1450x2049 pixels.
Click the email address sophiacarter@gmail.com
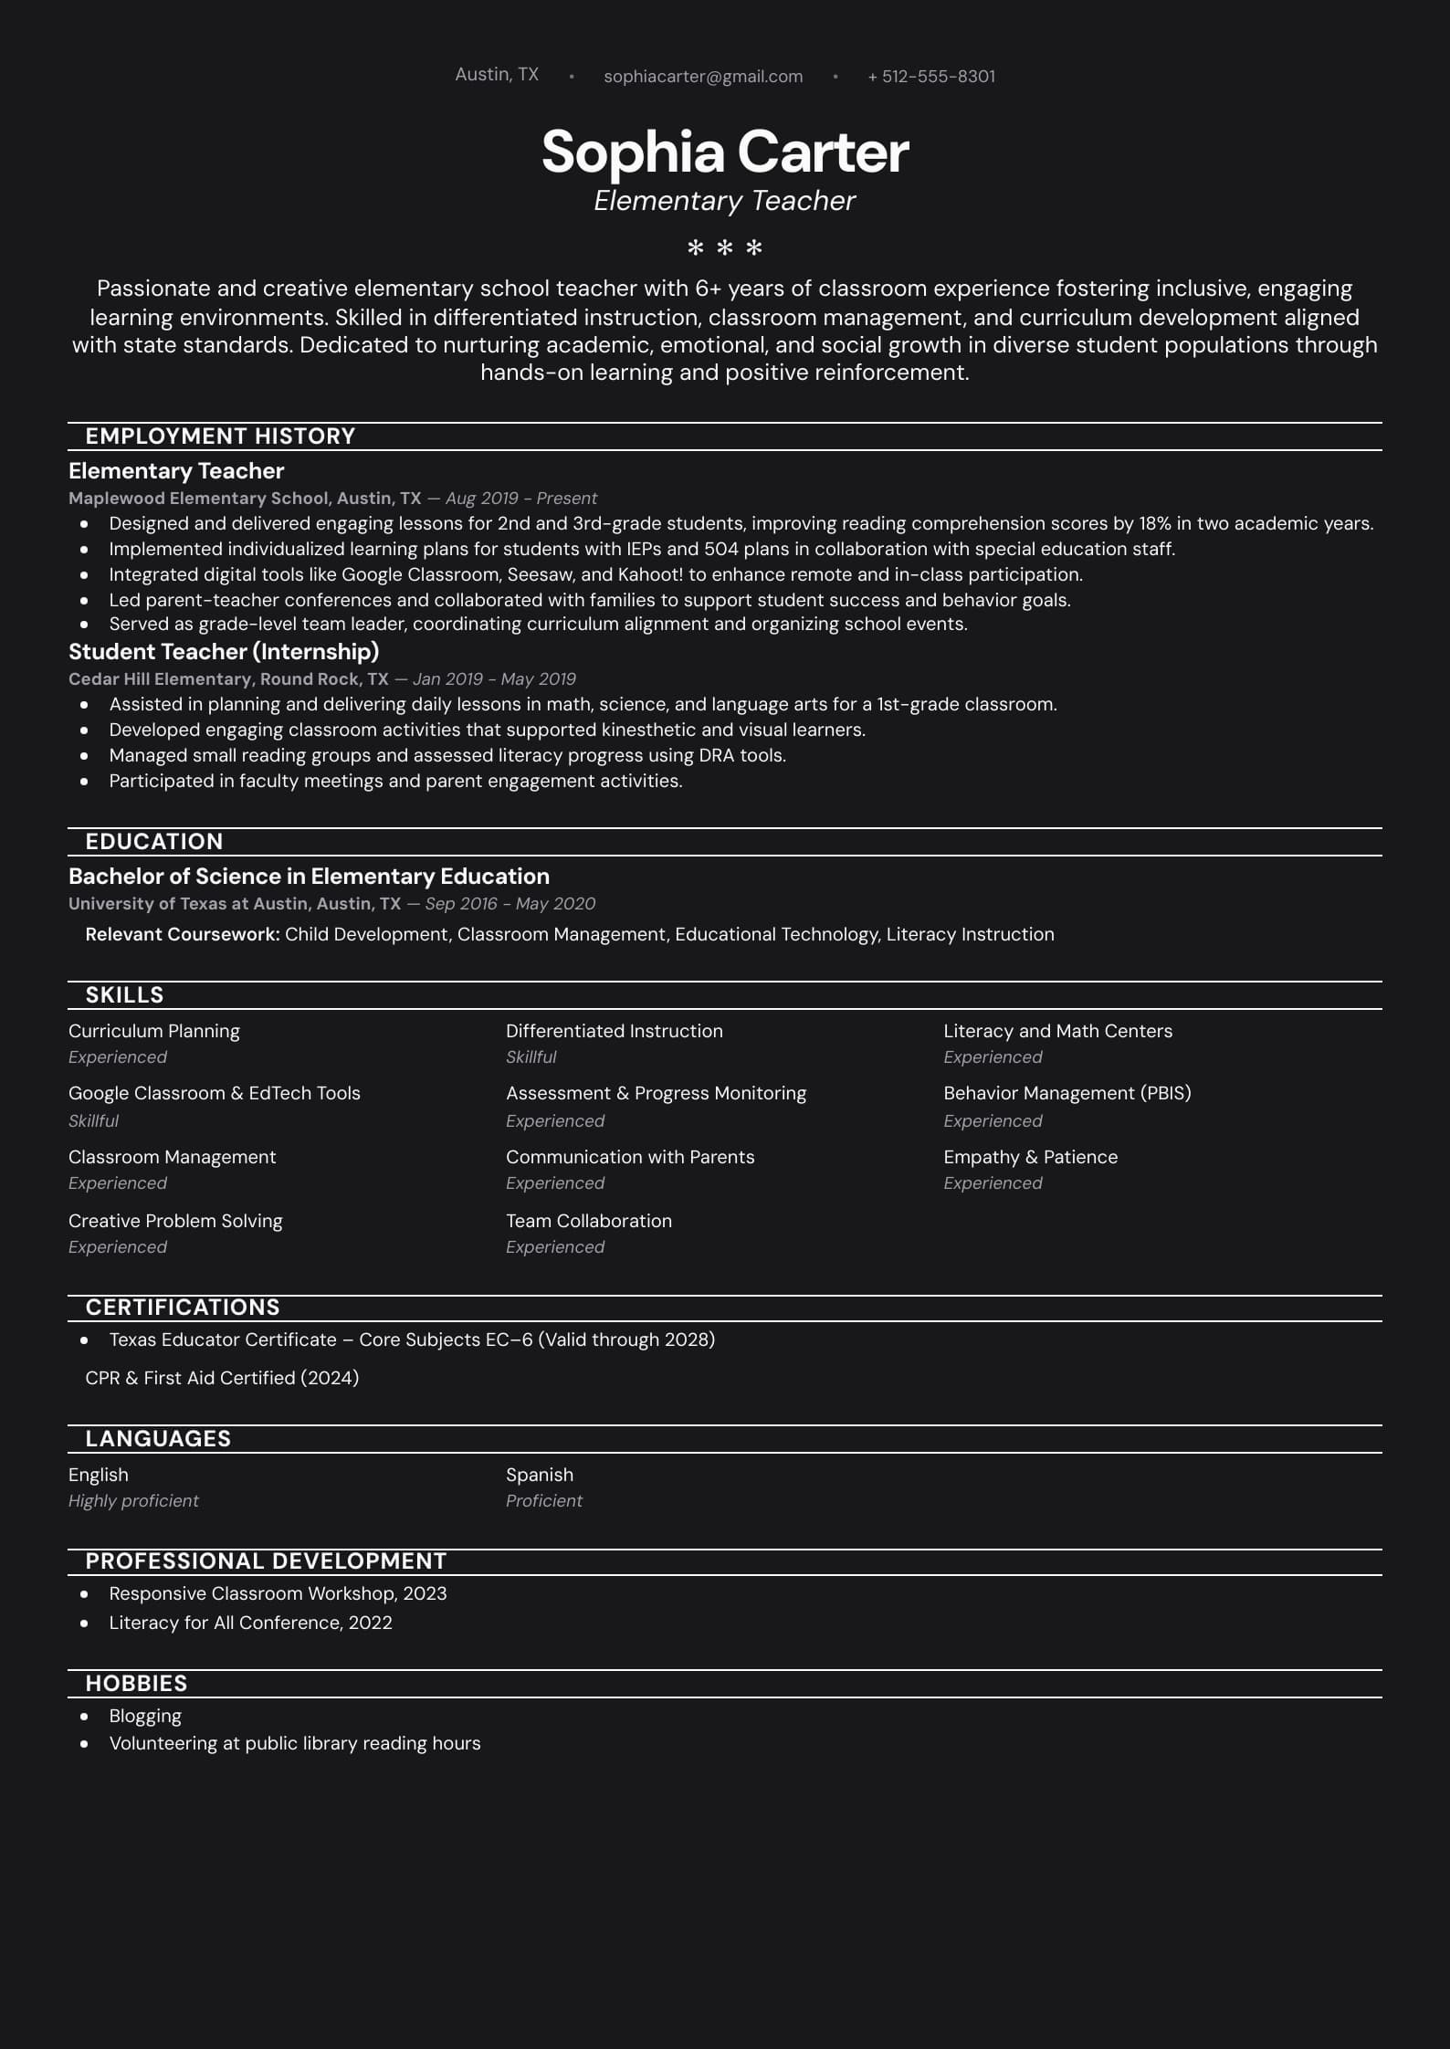pos(703,77)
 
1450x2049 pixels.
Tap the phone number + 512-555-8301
pos(931,77)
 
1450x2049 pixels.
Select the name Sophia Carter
pos(725,152)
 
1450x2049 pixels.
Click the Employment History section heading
pos(220,436)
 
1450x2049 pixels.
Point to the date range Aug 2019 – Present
pos(520,499)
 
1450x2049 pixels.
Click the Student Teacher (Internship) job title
pos(224,652)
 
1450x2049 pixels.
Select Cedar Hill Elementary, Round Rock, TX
pos(228,679)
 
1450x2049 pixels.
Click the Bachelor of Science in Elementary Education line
pos(309,877)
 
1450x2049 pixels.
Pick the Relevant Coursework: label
pos(183,934)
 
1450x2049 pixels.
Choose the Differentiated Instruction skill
pos(615,1031)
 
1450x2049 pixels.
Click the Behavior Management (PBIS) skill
pos(1067,1093)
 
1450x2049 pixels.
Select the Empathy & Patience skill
pos(1030,1157)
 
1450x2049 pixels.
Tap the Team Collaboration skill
pos(589,1221)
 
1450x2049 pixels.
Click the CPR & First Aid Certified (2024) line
pos(222,1378)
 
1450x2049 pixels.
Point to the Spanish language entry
pos(540,1475)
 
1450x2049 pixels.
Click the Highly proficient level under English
pos(133,1501)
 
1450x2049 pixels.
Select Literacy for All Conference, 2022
pos(250,1623)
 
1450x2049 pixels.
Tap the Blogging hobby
pos(145,1716)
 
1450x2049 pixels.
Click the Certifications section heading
pos(183,1308)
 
